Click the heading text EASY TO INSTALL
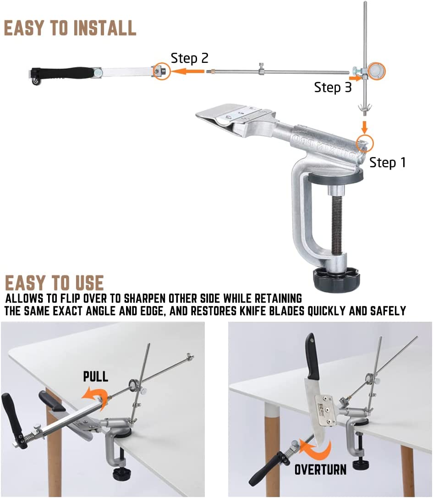click(70, 28)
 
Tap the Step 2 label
click(190, 58)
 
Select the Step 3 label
click(333, 87)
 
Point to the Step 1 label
click(387, 162)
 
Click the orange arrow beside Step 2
click(189, 71)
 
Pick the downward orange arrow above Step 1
click(365, 127)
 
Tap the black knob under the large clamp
click(337, 279)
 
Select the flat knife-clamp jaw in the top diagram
click(233, 116)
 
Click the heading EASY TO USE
click(55, 283)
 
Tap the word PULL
click(96, 376)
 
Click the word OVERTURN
click(320, 470)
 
